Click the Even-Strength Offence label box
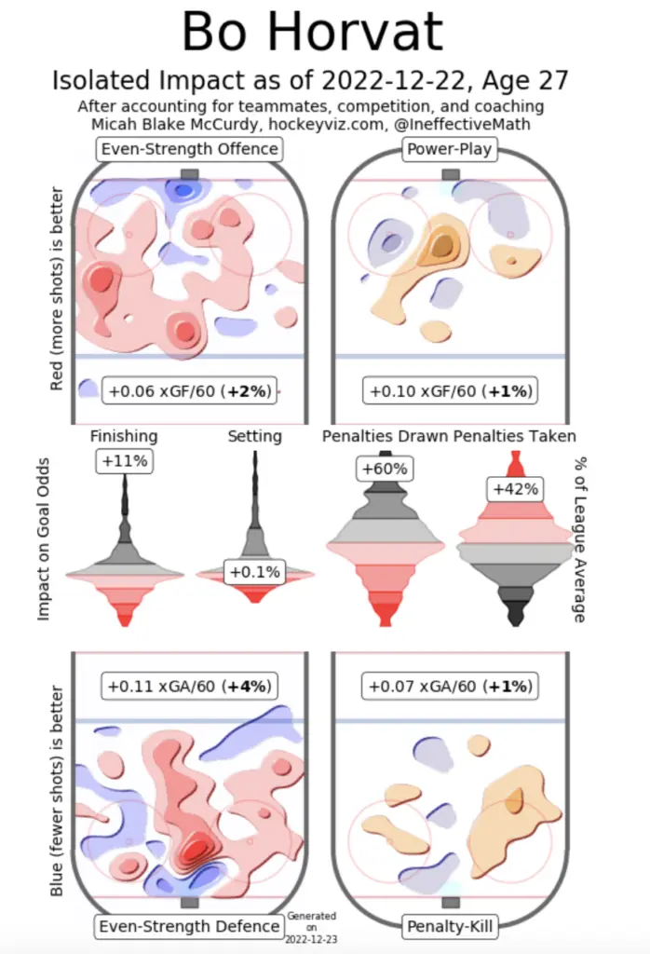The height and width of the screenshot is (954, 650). pyautogui.click(x=190, y=149)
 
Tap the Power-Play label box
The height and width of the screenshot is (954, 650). pyautogui.click(x=451, y=149)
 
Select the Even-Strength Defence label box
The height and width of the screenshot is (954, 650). pyautogui.click(x=190, y=926)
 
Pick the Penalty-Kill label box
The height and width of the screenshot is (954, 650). pyautogui.click(x=451, y=926)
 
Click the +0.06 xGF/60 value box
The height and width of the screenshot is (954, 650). pyautogui.click(x=190, y=391)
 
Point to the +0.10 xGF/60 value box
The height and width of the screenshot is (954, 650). pyautogui.click(x=451, y=391)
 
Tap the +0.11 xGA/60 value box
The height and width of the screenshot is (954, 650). pyautogui.click(x=190, y=688)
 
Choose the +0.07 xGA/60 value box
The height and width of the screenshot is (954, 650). pyautogui.click(x=451, y=688)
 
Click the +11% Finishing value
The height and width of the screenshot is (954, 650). pyautogui.click(x=124, y=460)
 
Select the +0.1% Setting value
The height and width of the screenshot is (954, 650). pyautogui.click(x=253, y=571)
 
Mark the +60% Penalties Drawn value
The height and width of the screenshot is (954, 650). pyautogui.click(x=383, y=468)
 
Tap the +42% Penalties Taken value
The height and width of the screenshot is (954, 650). pyautogui.click(x=514, y=490)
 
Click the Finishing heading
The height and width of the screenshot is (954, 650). pyautogui.click(x=124, y=436)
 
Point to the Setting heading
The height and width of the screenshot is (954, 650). pyautogui.click(x=254, y=436)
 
